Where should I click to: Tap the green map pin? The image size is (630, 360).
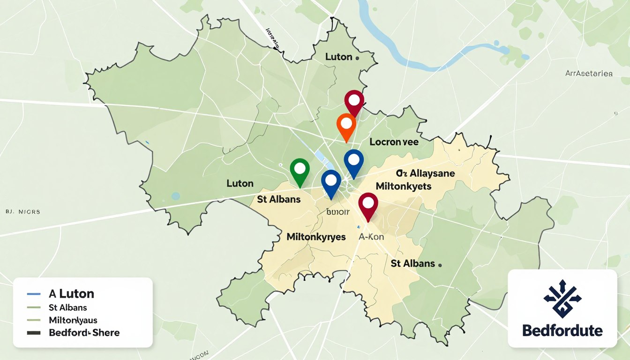pos(300,169)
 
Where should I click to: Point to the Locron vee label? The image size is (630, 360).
pos(394,142)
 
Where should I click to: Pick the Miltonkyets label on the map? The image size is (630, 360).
pos(403,186)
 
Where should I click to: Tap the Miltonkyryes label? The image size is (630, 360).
pos(316,237)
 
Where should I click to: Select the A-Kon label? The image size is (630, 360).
pos(371,237)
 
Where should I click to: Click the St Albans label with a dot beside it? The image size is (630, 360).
pos(413,263)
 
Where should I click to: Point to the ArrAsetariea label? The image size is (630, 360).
pos(589,73)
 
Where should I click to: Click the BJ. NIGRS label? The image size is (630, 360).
pos(23,212)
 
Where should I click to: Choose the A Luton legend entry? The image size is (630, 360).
pos(71,294)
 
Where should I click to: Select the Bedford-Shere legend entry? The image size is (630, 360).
pos(84,333)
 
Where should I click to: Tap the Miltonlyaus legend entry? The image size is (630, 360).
pos(73,321)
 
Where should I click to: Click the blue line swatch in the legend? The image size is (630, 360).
pos(34,294)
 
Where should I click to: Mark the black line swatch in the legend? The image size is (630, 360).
pos(34,333)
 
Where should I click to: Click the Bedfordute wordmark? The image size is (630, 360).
pos(562,330)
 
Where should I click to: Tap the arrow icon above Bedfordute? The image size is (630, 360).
pos(562,299)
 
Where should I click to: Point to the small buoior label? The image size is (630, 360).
pos(337,212)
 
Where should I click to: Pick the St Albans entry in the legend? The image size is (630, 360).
pos(67,308)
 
